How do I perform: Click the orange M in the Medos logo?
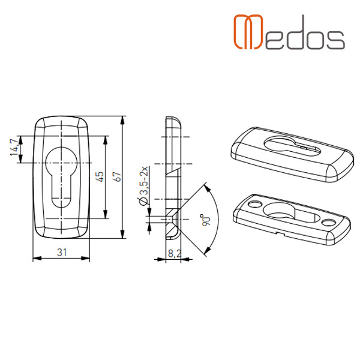click(x=248, y=32)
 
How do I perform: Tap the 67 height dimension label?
click(x=118, y=176)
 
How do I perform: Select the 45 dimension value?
click(x=100, y=176)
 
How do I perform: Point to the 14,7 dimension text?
click(x=14, y=148)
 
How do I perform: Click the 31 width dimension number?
click(x=62, y=253)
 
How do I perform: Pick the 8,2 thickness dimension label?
click(x=175, y=254)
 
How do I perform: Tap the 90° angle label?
click(x=206, y=220)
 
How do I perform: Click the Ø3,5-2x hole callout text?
click(x=144, y=186)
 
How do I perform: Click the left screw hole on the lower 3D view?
click(x=256, y=204)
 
